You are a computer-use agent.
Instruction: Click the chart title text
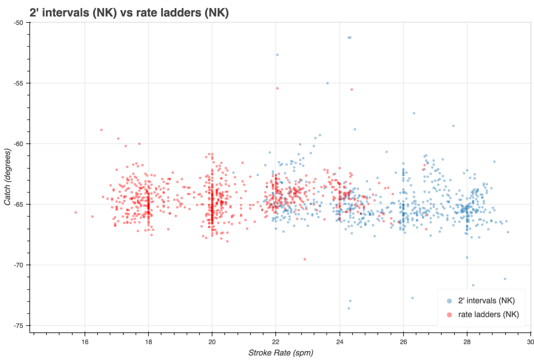click(129, 13)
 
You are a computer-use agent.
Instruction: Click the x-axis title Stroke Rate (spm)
click(281, 353)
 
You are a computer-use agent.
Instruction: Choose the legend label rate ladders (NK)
click(489, 315)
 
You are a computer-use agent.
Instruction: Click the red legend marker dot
click(450, 315)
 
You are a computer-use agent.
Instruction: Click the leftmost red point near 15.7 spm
click(75, 213)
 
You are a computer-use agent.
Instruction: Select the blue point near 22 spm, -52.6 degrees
click(277, 55)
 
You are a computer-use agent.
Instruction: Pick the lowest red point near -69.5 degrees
click(305, 259)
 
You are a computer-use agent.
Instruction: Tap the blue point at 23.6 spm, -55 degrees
click(327, 83)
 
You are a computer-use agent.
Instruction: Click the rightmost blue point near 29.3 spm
click(508, 232)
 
